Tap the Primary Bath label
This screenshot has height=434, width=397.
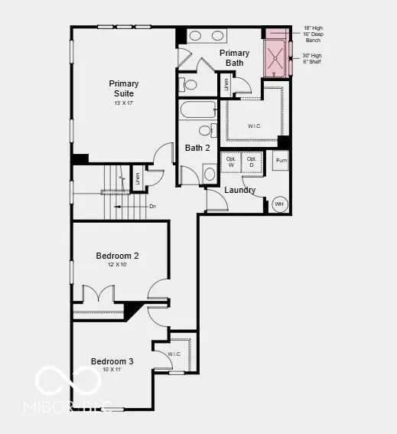tap(235, 57)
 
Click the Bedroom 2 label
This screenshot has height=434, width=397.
tap(117, 256)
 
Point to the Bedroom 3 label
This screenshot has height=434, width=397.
tap(112, 361)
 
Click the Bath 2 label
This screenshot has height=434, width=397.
tap(197, 148)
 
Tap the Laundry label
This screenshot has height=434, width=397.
tap(239, 190)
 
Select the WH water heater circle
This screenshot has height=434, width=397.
tap(279, 204)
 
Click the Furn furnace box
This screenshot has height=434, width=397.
tap(281, 161)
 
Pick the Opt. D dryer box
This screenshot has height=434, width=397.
tap(252, 162)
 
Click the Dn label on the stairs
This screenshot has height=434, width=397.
tap(153, 206)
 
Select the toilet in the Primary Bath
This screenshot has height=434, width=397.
tap(188, 84)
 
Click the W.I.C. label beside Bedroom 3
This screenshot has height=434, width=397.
tap(174, 354)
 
